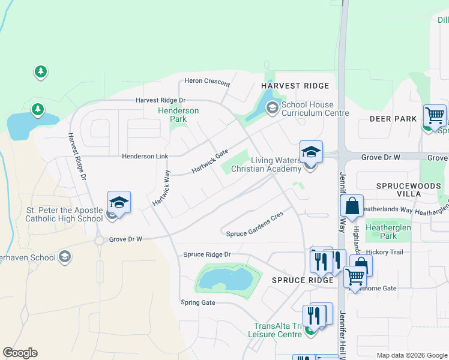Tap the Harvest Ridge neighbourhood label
coord(295,86)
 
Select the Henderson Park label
coord(178,115)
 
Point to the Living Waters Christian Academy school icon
coord(311,154)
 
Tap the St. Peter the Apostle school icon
coord(119,203)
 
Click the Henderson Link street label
coord(145,156)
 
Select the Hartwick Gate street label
coord(210,162)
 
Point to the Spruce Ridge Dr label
coord(207,255)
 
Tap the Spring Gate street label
coord(198,302)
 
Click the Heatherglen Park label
coord(388,232)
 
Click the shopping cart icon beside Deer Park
coord(435,116)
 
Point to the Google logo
coord(20,353)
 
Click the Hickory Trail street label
coord(387,252)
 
